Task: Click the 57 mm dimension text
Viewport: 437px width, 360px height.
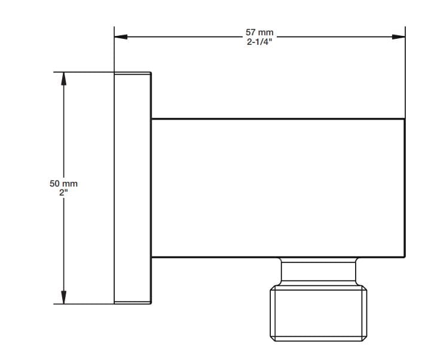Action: tap(259, 32)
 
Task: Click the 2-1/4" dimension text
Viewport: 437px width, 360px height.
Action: tap(259, 42)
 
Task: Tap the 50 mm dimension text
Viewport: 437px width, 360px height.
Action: tap(63, 184)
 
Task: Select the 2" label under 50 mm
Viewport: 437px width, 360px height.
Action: tap(64, 193)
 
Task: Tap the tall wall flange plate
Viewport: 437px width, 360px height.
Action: tap(132, 188)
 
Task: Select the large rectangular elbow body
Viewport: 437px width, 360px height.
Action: tap(278, 187)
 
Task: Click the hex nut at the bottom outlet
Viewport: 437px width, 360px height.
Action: tap(320, 315)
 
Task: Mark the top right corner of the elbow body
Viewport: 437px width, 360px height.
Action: tap(405, 118)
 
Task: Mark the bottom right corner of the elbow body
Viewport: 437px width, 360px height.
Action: tap(405, 257)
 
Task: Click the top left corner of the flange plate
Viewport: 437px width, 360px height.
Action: tap(114, 73)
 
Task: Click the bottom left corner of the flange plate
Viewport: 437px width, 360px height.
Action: tap(114, 303)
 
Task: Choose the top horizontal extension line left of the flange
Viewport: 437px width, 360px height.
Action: tap(84, 72)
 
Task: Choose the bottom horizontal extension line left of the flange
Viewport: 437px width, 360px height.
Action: tap(84, 303)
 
